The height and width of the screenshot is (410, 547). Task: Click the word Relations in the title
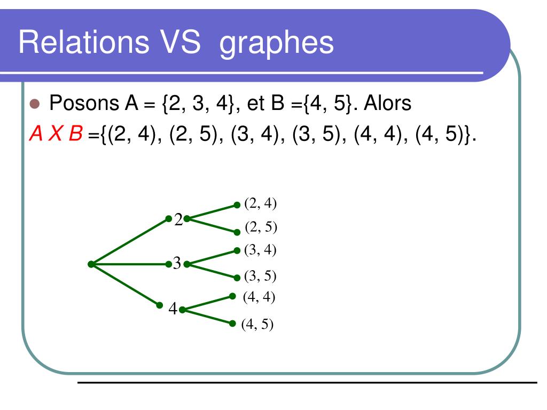click(x=84, y=42)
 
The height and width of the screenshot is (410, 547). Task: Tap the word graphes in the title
click(x=276, y=44)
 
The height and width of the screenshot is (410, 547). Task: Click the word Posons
click(x=84, y=103)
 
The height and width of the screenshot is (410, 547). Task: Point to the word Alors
click(x=387, y=103)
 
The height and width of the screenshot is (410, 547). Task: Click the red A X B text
click(x=56, y=133)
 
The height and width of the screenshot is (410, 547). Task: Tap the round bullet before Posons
click(x=35, y=104)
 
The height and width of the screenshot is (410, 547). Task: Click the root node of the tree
click(x=91, y=264)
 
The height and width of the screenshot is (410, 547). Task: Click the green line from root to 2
click(x=130, y=242)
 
